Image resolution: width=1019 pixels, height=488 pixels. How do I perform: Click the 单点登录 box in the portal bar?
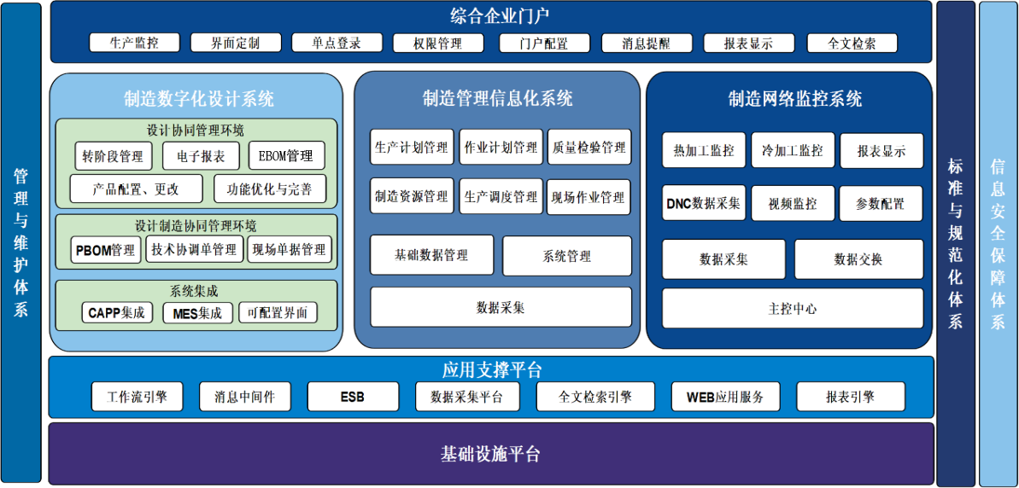tap(337, 43)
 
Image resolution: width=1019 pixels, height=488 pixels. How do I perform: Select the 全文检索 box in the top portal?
tap(851, 43)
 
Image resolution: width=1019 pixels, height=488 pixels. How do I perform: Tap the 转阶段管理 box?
tap(113, 156)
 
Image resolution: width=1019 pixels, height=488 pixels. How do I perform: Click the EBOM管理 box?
tap(286, 156)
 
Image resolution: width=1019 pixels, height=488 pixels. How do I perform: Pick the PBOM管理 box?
tap(105, 250)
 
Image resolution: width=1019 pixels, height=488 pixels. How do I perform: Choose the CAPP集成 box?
tap(116, 313)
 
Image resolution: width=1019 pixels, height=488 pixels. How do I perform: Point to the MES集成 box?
tap(197, 313)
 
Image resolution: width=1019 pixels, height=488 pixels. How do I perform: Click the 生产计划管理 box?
tap(411, 148)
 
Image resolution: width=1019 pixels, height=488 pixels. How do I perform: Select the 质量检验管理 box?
tap(589, 148)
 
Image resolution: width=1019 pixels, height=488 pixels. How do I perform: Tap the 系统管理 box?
tap(566, 255)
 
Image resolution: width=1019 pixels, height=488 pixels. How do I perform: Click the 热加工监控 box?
tap(703, 150)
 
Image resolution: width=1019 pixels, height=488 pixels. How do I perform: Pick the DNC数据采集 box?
tap(703, 204)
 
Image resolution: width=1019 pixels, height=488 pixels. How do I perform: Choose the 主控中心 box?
tap(792, 308)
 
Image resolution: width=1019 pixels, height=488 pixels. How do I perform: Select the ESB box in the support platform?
tap(352, 397)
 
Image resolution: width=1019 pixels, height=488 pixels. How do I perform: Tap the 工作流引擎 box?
tap(137, 397)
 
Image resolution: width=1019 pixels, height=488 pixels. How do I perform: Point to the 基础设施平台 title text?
tap(490, 454)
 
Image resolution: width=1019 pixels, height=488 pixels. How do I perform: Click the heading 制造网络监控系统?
tap(794, 99)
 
